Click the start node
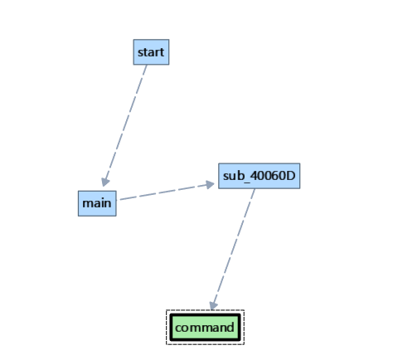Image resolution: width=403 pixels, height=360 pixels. click(x=151, y=51)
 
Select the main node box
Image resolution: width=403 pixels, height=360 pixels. click(x=97, y=202)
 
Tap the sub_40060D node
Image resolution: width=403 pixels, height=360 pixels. click(x=260, y=176)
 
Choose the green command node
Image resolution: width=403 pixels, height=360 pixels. click(x=205, y=327)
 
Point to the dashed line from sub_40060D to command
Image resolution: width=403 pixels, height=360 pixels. click(x=235, y=245)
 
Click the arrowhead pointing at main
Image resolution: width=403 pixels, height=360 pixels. click(x=104, y=181)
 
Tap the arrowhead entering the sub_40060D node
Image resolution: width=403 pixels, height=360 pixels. click(x=211, y=184)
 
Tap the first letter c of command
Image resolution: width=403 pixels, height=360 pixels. click(x=178, y=328)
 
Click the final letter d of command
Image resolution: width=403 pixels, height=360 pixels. click(x=231, y=327)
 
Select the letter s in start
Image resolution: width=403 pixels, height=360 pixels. click(x=140, y=52)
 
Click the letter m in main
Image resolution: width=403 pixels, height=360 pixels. click(x=86, y=202)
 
